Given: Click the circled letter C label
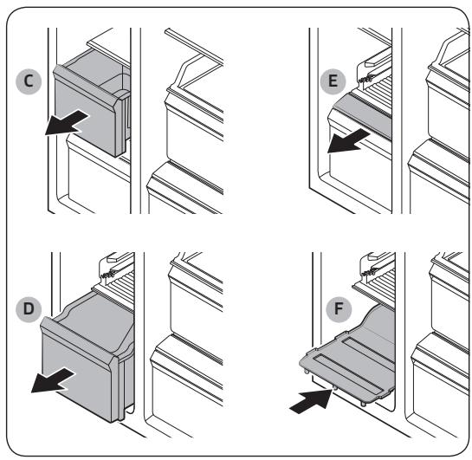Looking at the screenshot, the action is point(29,81).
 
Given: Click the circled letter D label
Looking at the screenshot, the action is point(29,309).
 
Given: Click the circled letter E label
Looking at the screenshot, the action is point(333,81).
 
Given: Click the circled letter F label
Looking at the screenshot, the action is point(339,309).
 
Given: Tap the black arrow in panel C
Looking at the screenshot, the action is point(66,122).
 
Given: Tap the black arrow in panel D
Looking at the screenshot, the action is point(53,381).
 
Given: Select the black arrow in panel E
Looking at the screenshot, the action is point(348,141).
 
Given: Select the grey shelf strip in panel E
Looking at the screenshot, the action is point(363,115).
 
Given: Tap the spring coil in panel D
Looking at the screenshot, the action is point(108,275).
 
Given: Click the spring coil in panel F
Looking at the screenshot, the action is point(370,272).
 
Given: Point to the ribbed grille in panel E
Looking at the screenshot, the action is point(379,83).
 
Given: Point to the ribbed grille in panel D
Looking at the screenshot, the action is point(122,282).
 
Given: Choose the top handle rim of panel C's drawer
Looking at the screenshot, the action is point(87,87).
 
